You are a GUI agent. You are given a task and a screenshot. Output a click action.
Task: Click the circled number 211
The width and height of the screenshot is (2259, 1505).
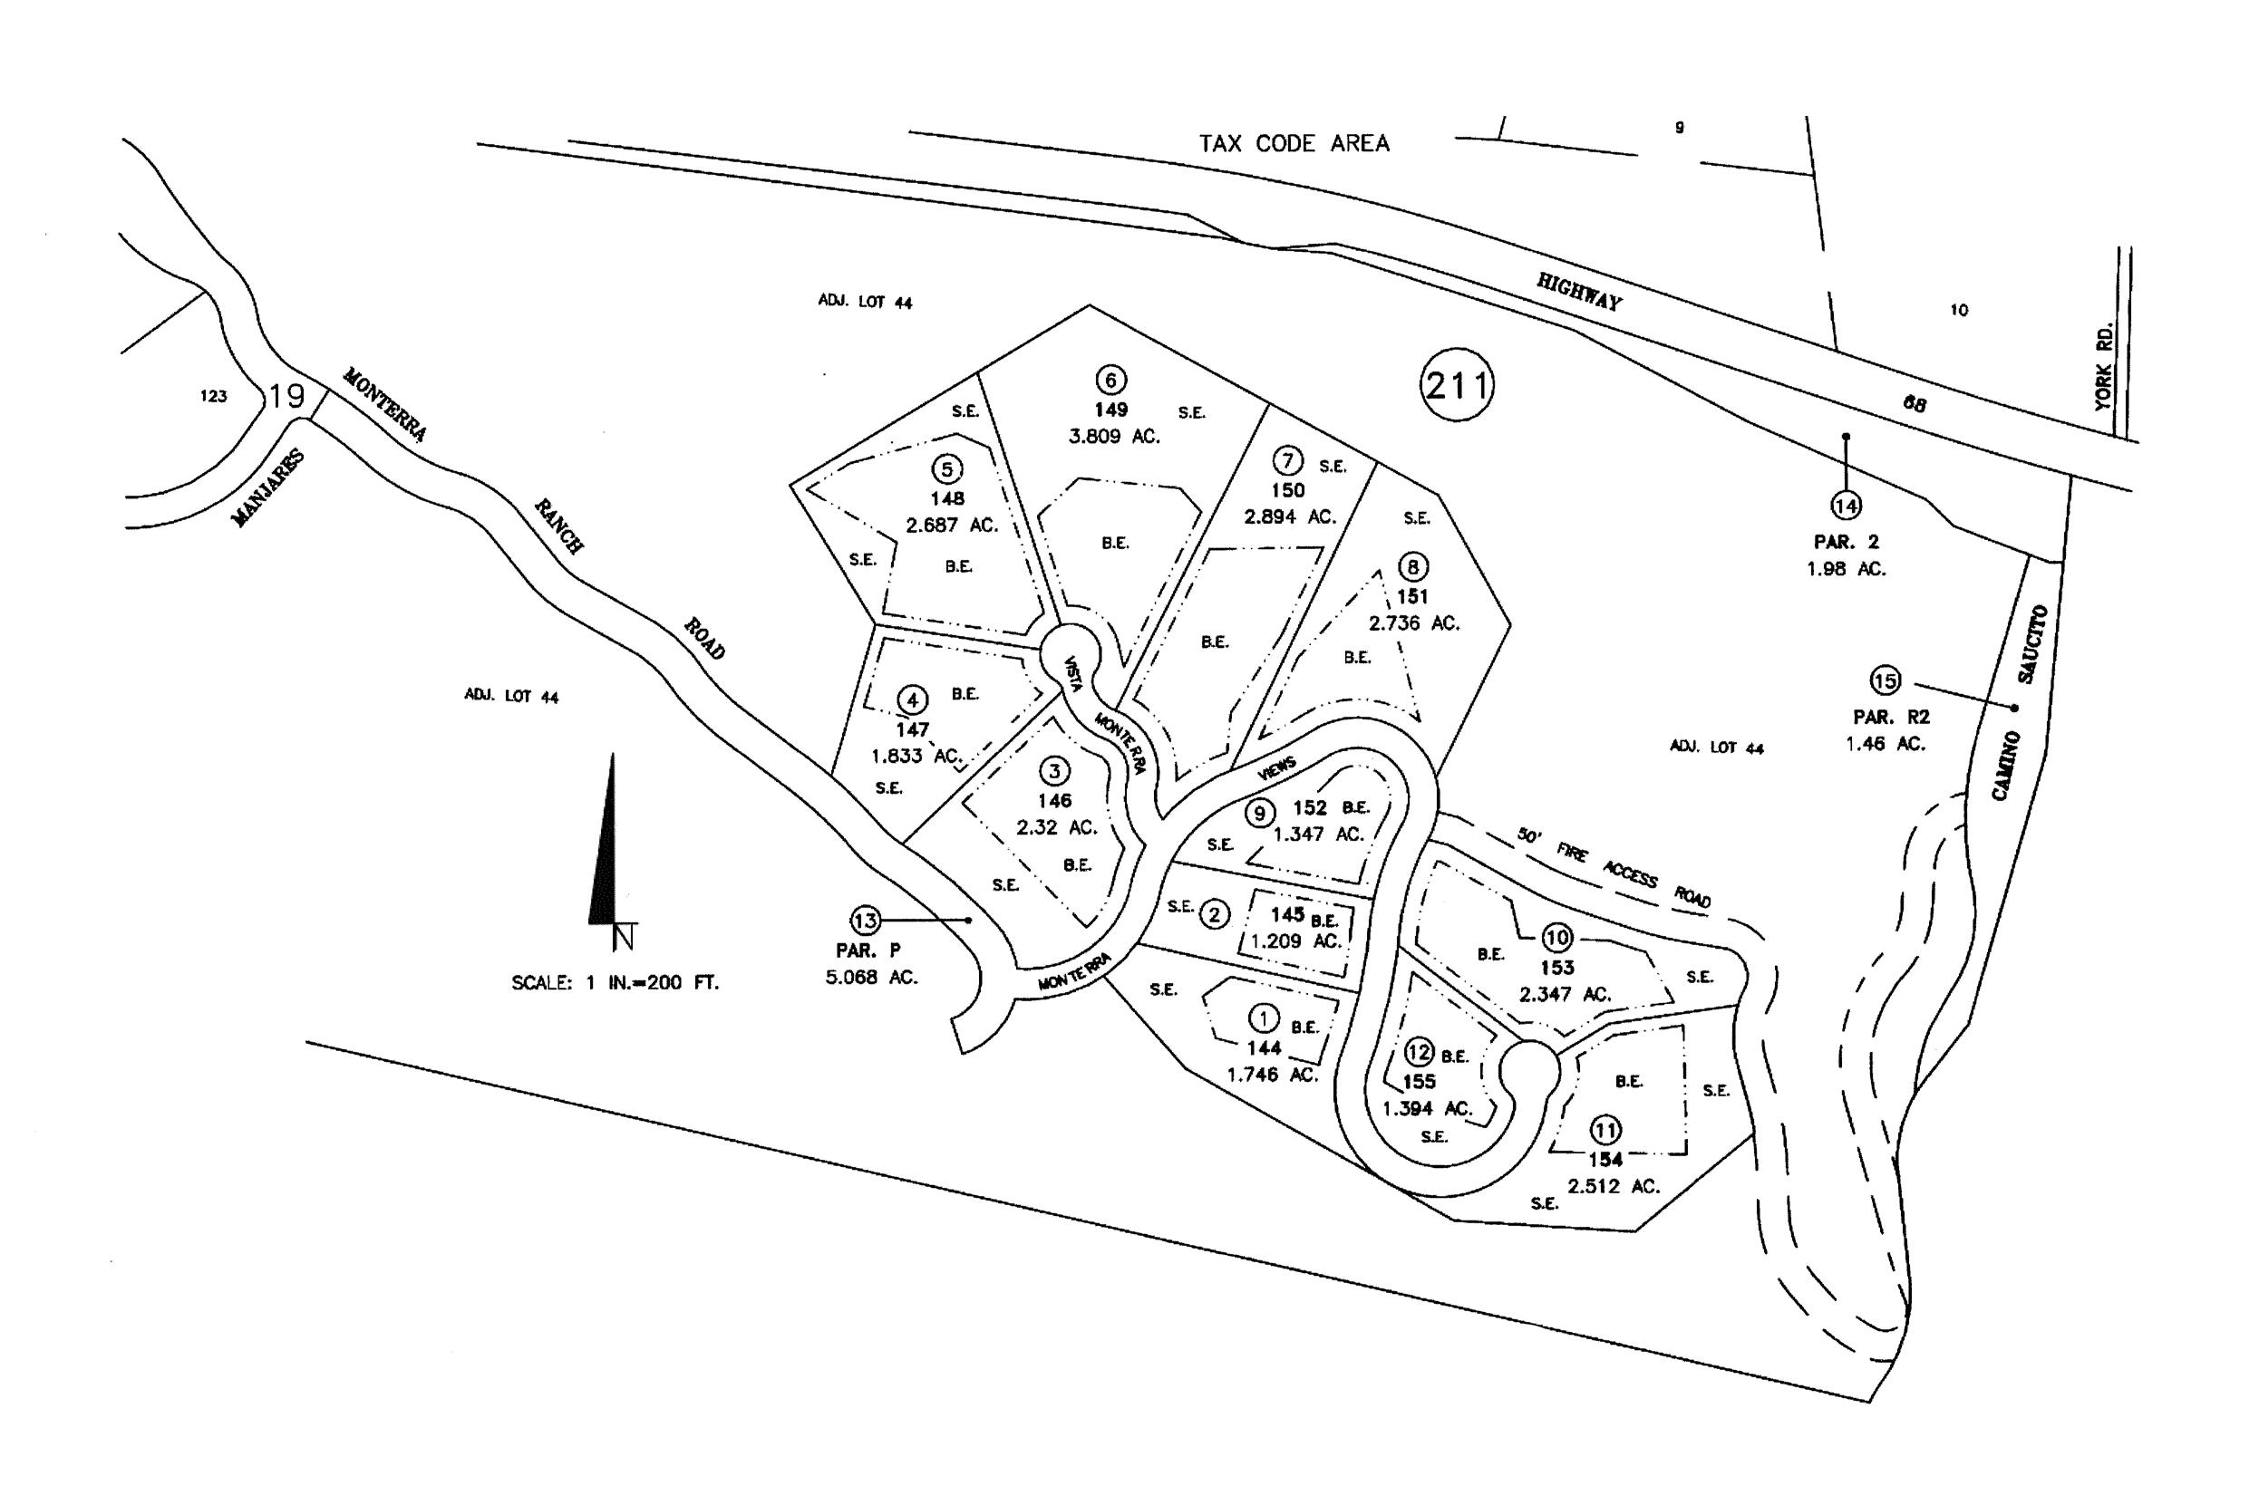coord(1457,385)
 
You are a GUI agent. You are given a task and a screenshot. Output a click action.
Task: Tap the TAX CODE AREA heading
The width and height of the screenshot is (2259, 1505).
coord(1294,144)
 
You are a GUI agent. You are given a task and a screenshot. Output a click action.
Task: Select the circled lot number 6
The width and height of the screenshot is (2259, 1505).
coord(1110,380)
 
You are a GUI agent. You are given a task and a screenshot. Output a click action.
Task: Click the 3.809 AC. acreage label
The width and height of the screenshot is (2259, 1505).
coord(1114,437)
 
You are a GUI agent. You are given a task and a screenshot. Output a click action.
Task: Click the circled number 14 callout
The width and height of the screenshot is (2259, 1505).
coord(1846,505)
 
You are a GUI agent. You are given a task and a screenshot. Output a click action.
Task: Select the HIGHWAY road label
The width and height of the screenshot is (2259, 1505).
coord(1579,291)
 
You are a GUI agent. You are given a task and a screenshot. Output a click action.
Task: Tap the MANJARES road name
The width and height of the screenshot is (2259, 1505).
coord(269,488)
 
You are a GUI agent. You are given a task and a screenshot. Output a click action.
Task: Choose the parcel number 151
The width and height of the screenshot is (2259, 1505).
coord(1412,596)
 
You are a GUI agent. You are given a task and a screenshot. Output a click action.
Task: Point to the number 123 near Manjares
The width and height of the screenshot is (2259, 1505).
coord(213,395)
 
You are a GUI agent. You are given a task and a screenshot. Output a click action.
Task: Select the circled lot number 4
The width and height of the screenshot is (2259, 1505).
coord(912,700)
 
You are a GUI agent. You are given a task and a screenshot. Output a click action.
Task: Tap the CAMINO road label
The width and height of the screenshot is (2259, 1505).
coord(2004,765)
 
